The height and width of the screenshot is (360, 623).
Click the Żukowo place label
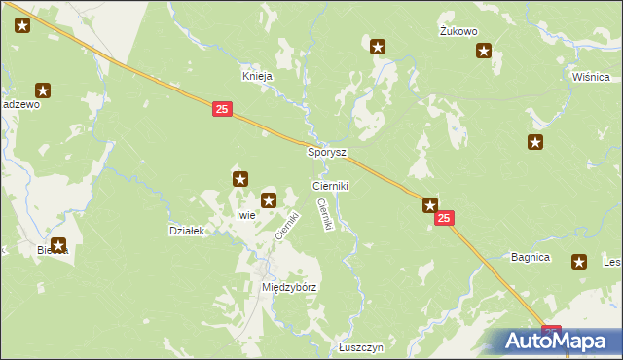click(x=458, y=31)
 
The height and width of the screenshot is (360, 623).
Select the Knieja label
click(x=257, y=75)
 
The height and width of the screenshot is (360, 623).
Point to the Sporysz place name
click(x=327, y=153)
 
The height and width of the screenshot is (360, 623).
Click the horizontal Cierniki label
click(x=330, y=185)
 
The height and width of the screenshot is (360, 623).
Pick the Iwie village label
click(x=245, y=214)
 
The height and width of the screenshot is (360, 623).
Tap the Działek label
click(x=186, y=231)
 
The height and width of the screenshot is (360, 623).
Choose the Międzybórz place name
click(x=290, y=288)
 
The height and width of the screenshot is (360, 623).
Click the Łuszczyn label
click(x=362, y=347)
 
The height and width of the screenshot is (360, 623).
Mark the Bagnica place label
click(x=531, y=258)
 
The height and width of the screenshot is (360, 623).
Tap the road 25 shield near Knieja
click(x=221, y=112)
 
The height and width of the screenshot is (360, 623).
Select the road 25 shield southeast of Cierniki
click(x=444, y=221)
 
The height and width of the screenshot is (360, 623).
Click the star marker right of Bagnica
click(x=580, y=261)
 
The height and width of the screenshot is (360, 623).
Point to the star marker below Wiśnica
click(x=535, y=143)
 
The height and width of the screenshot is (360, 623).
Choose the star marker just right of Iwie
click(x=270, y=200)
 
